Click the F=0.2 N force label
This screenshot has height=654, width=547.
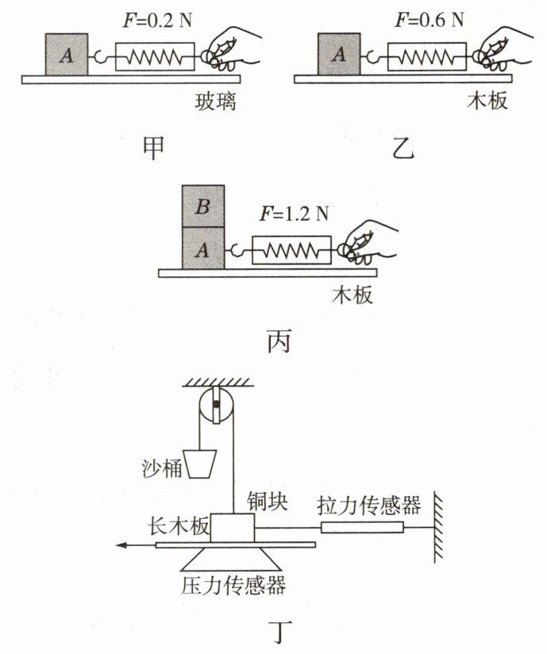[157, 20]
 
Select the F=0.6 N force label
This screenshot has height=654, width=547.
[430, 20]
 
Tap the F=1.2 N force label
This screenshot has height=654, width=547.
[295, 214]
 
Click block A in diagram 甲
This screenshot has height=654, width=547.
[67, 55]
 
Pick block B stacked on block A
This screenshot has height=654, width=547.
[203, 206]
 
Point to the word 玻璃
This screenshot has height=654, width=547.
[216, 102]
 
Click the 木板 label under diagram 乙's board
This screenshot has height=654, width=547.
[487, 102]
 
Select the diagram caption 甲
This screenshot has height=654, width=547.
[153, 148]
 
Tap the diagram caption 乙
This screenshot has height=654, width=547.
[403, 148]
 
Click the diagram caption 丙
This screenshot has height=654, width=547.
[279, 342]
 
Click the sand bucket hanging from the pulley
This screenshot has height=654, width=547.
[200, 464]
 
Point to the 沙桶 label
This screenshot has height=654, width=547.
[162, 468]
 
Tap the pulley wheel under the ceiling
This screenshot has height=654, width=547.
[216, 405]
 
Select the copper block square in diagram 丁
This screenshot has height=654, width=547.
[232, 528]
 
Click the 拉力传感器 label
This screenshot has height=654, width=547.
[369, 505]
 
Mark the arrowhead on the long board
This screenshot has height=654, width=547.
[121, 544]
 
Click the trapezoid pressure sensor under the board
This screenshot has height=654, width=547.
[232, 559]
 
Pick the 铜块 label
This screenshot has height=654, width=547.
[267, 501]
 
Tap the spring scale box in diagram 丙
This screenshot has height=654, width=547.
[291, 250]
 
